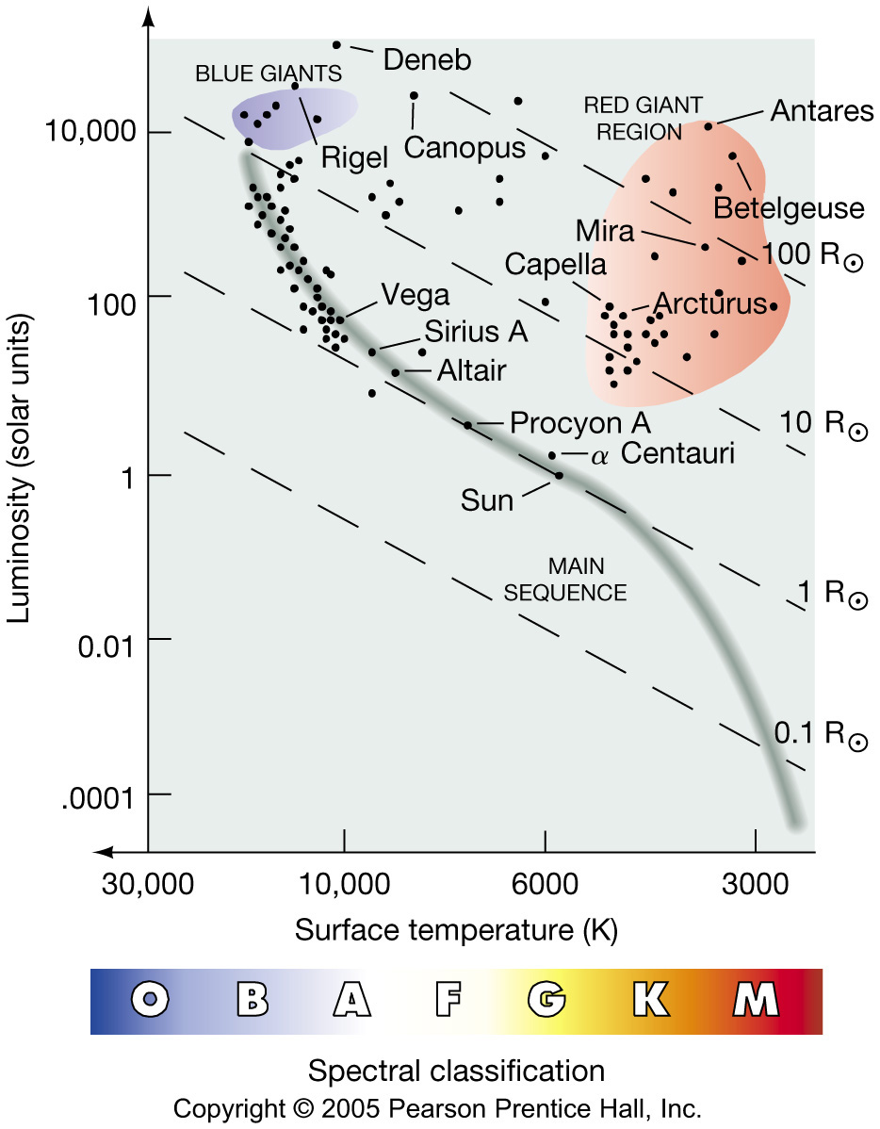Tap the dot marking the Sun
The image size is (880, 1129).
[559, 475]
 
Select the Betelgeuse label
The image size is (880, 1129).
[789, 207]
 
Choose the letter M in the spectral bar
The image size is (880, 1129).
[756, 999]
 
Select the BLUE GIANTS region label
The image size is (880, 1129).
[268, 73]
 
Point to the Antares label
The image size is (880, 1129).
[822, 110]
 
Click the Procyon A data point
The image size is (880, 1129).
[467, 425]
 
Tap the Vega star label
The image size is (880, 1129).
[416, 295]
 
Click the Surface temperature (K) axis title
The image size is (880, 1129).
[456, 930]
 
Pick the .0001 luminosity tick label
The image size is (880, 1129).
[99, 796]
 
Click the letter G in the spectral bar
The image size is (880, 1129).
[547, 999]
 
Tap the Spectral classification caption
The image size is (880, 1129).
[456, 1072]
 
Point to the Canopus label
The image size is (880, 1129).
[464, 148]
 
